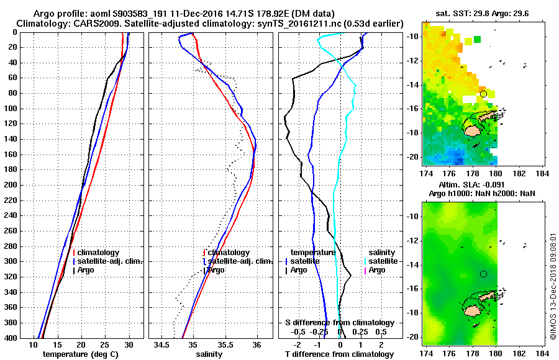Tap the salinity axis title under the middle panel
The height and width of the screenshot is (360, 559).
point(210,354)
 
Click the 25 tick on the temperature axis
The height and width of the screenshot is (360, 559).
point(105,344)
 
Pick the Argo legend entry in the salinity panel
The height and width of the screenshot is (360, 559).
point(215,270)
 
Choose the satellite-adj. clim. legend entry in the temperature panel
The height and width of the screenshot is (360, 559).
point(109,261)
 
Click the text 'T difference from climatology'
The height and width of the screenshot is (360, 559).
point(340,354)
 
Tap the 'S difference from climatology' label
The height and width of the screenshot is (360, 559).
point(340,323)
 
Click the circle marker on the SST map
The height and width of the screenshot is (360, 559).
point(483,94)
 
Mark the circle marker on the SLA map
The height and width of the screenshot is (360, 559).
point(483,274)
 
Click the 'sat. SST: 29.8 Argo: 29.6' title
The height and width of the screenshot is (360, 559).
point(486,13)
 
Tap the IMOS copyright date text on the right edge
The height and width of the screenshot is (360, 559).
point(553,286)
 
